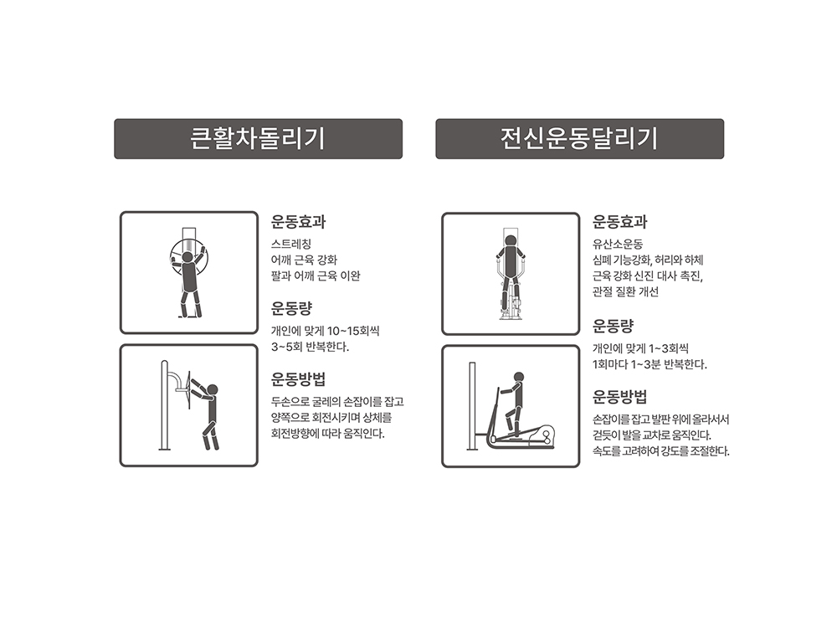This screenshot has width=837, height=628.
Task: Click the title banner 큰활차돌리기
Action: click(258, 139)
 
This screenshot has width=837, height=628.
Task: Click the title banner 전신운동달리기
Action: click(580, 139)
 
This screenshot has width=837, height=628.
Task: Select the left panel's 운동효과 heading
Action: click(299, 222)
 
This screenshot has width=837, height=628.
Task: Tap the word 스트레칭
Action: click(291, 245)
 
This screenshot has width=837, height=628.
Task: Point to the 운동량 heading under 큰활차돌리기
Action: click(291, 308)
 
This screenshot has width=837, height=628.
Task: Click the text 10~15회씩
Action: click(353, 331)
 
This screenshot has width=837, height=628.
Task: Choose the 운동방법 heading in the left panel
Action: click(299, 379)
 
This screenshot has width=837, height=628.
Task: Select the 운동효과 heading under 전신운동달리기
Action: click(619, 222)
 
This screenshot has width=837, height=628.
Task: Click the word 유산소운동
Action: click(618, 245)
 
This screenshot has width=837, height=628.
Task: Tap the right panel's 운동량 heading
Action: click(613, 325)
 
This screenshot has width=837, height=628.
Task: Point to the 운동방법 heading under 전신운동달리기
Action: click(619, 397)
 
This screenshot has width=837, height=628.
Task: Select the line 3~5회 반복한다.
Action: click(311, 347)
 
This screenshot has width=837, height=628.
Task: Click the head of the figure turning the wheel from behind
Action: click(187, 257)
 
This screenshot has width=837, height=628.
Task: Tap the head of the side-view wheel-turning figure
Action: click(213, 390)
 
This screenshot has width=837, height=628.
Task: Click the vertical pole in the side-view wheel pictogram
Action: click(164, 405)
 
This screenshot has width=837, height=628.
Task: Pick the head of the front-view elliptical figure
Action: click(511, 241)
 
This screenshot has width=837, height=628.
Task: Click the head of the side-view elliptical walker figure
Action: click(519, 377)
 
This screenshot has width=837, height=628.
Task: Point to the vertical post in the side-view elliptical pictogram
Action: click(472, 406)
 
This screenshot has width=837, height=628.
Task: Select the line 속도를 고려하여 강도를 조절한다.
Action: click(661, 451)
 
